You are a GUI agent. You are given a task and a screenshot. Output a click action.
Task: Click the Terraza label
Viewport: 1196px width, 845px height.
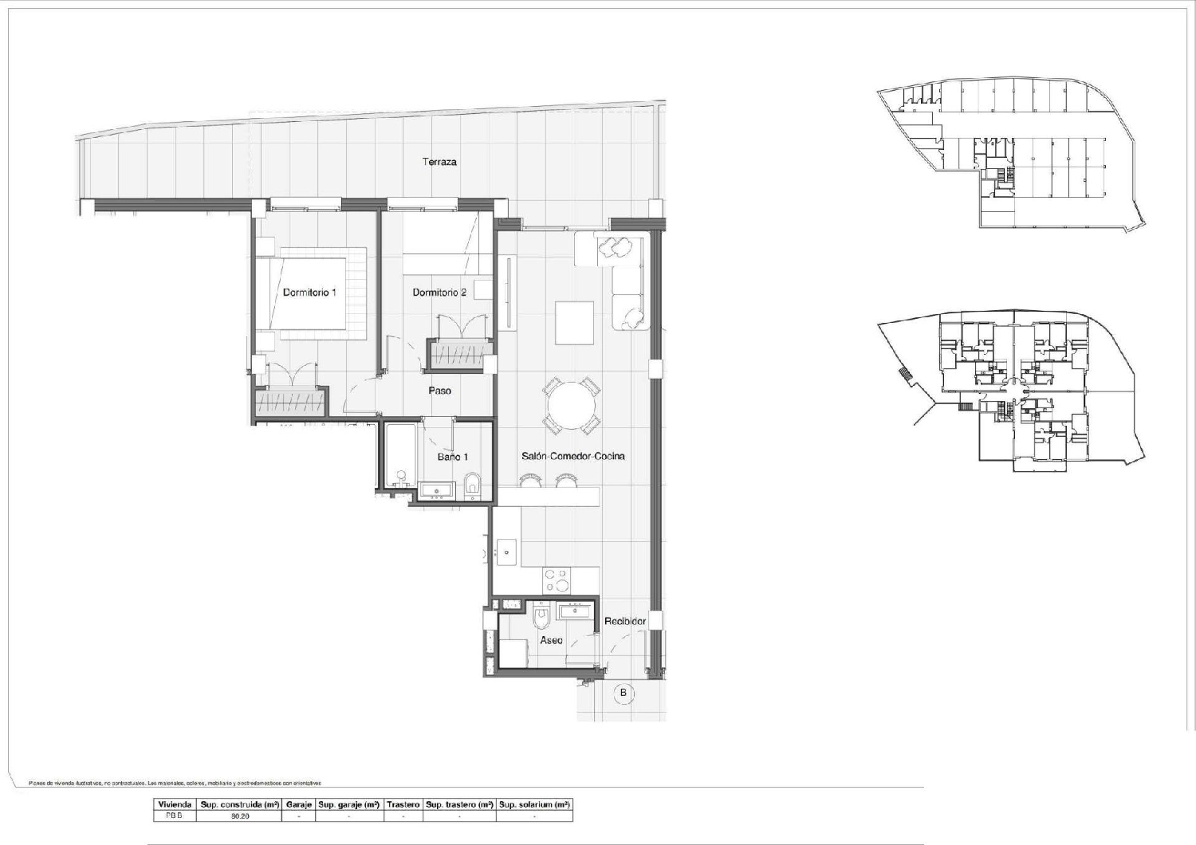pyautogui.click(x=439, y=162)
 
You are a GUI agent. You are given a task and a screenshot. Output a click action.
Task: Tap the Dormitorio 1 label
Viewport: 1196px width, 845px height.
pyautogui.click(x=309, y=293)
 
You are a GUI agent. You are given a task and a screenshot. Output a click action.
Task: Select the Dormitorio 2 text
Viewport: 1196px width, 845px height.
pyautogui.click(x=439, y=293)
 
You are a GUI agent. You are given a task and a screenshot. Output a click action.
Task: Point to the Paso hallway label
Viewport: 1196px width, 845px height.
pyautogui.click(x=439, y=391)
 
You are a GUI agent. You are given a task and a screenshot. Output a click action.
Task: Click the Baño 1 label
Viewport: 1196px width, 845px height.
pyautogui.click(x=452, y=458)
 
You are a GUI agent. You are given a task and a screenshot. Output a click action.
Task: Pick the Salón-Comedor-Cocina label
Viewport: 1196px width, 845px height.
pyautogui.click(x=572, y=457)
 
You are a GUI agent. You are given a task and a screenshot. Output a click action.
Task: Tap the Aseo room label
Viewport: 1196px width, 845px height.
pyautogui.click(x=551, y=640)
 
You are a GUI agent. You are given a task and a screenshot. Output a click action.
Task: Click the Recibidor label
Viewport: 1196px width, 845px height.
pyautogui.click(x=624, y=621)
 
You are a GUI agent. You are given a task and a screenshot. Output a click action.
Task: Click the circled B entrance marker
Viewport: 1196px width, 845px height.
pyautogui.click(x=624, y=693)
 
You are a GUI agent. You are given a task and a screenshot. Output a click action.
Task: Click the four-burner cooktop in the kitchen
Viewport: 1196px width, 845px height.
pyautogui.click(x=556, y=580)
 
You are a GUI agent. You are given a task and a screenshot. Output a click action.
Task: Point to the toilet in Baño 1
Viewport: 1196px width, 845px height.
pyautogui.click(x=472, y=483)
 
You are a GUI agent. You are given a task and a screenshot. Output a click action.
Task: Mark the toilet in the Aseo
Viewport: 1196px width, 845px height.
pyautogui.click(x=542, y=616)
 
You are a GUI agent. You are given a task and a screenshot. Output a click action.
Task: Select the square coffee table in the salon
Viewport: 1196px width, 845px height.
pyautogui.click(x=574, y=323)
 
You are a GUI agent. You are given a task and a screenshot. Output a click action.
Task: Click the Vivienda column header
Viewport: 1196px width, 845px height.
pyautogui.click(x=175, y=805)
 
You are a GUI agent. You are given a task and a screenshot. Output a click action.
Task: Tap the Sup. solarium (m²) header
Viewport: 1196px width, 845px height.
pyautogui.click(x=533, y=805)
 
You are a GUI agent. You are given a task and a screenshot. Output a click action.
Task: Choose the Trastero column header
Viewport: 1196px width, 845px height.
pyautogui.click(x=403, y=805)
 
